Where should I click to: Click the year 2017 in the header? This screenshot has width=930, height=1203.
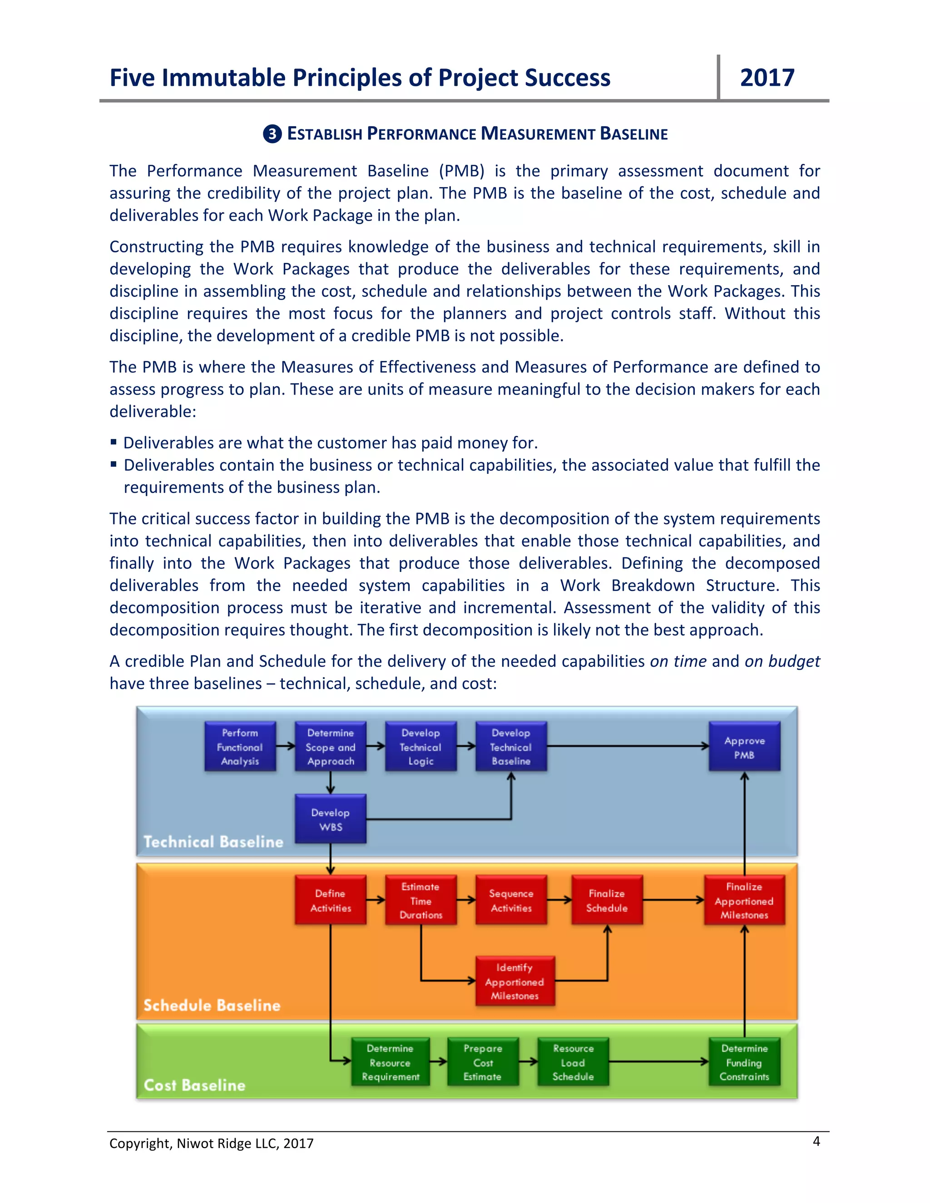pos(767,78)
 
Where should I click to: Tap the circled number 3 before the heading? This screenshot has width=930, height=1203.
pos(272,134)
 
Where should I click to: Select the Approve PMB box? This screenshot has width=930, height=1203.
pos(744,747)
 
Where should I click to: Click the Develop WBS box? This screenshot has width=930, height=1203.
pos(330,819)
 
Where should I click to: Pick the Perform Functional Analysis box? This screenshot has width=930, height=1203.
pos(240,747)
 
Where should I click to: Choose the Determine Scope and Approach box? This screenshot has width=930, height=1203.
pos(330,747)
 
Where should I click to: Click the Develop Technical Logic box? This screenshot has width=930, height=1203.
pos(420,747)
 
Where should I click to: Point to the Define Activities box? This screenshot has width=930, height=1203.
pos(330,900)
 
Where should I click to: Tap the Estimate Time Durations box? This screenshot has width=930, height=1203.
pos(420,900)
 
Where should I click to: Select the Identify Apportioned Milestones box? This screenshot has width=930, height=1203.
pos(514,981)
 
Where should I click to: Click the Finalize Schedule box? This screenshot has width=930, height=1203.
pos(607,900)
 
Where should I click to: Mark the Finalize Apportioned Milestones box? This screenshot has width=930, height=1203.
pos(744,900)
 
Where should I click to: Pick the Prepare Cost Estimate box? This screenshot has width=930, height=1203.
pos(483,1062)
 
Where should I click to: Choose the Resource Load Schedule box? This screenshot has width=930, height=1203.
pos(573,1062)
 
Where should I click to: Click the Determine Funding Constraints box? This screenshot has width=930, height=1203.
pos(744,1062)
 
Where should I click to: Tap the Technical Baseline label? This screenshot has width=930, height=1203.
pos(213,842)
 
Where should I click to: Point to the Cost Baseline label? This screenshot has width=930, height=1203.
pos(194,1085)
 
